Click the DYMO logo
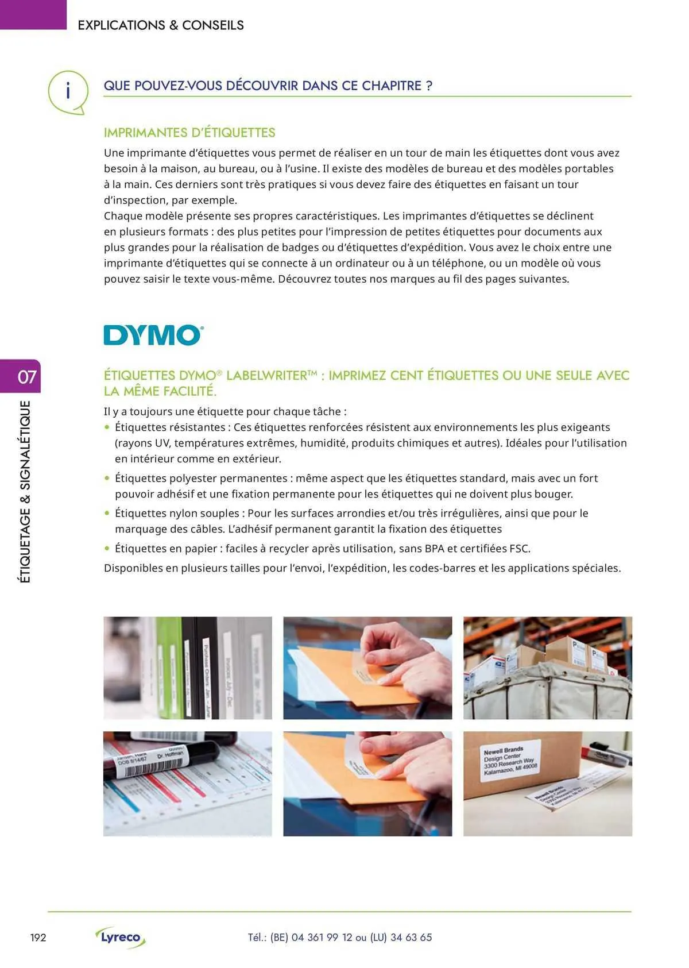click(x=153, y=335)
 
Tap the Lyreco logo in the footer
click(x=121, y=938)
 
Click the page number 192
click(x=38, y=938)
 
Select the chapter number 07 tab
click(x=26, y=377)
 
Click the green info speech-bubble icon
click(x=68, y=91)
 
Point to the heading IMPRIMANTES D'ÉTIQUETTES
click(x=189, y=133)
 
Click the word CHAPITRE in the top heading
click(x=390, y=86)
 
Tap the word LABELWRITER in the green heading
click(x=268, y=376)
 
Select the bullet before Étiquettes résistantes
click(x=107, y=427)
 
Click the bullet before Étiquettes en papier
click(x=107, y=549)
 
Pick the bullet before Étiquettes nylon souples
click(x=107, y=514)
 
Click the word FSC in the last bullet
click(x=518, y=549)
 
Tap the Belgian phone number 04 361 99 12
click(x=322, y=938)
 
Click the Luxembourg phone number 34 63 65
click(x=411, y=938)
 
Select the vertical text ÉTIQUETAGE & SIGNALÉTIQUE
click(x=25, y=492)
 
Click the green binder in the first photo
click(x=167, y=666)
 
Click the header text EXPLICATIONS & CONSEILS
click(x=161, y=25)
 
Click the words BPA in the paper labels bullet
click(x=435, y=549)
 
